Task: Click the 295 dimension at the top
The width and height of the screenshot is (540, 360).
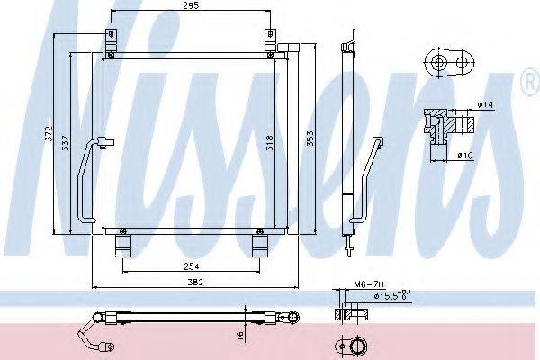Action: (189, 7)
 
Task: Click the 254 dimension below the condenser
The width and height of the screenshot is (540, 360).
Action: (189, 266)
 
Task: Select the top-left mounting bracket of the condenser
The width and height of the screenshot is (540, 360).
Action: (111, 40)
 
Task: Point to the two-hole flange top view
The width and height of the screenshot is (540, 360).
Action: (450, 62)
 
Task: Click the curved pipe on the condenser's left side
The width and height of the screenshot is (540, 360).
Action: (84, 180)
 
